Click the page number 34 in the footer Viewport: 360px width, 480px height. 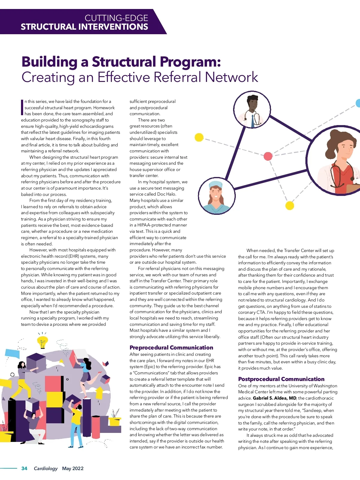click(x=24, y=468)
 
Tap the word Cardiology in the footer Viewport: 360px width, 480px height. click(x=46, y=468)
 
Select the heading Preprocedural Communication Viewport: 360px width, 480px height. click(x=171, y=347)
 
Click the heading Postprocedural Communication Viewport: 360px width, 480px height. click(x=281, y=379)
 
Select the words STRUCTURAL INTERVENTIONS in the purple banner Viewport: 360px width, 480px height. click(x=84, y=27)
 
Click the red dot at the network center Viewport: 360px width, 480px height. click(x=268, y=156)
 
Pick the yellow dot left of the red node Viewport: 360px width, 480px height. click(x=199, y=137)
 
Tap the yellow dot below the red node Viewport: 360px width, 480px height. click(x=289, y=205)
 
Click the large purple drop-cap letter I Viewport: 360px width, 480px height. click(x=22, y=107)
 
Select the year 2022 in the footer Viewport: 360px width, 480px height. click(x=78, y=468)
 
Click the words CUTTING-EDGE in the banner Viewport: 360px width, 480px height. click(x=116, y=18)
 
